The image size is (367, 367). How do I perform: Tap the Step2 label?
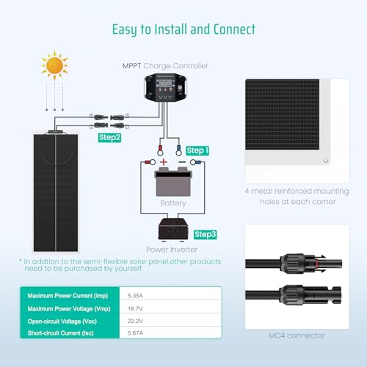[110, 137]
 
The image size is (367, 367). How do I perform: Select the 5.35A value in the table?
[138, 296]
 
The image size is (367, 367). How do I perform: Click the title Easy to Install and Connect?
[183, 29]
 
